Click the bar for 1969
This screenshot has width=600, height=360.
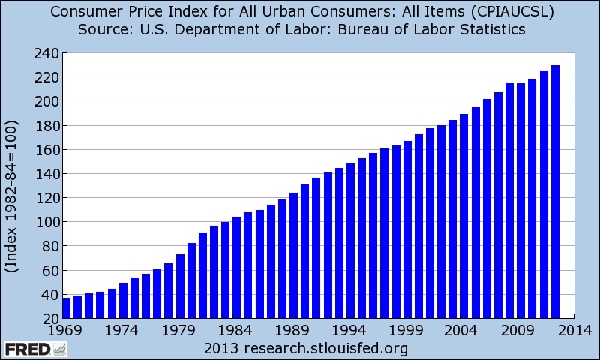pyautogui.click(x=66, y=307)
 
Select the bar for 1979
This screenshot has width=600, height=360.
pyautogui.click(x=180, y=285)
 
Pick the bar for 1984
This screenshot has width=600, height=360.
pyautogui.click(x=237, y=266)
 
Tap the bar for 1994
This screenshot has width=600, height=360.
pyautogui.click(x=350, y=240)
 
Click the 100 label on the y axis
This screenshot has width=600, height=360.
pyautogui.click(x=47, y=223)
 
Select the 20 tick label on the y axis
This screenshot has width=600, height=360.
pyautogui.click(x=51, y=319)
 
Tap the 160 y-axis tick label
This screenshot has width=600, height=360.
pyautogui.click(x=47, y=150)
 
